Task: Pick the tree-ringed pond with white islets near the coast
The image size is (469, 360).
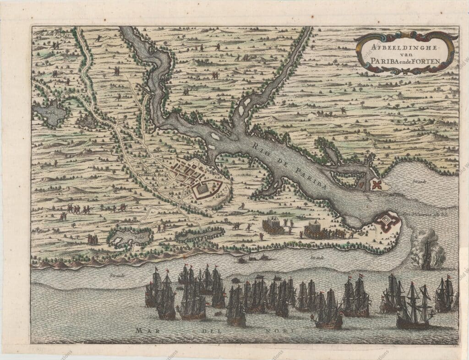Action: [x=130, y=237]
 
